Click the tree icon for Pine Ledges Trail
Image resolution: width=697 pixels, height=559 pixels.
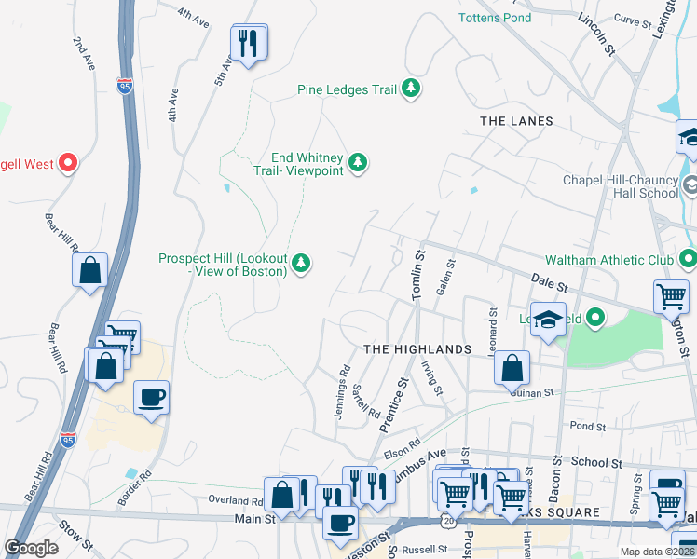[411, 89]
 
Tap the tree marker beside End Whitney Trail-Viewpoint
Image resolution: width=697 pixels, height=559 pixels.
[358, 164]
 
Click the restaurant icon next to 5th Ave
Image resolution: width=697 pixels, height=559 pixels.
[249, 43]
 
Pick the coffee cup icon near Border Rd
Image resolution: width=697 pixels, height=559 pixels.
[151, 399]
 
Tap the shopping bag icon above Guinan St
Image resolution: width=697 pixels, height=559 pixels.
[512, 368]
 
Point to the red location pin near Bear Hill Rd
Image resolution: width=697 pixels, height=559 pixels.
[68, 164]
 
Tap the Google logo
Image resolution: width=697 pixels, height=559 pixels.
[32, 548]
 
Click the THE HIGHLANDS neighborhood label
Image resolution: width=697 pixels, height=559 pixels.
[417, 348]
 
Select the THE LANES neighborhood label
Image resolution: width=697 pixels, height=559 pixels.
[515, 121]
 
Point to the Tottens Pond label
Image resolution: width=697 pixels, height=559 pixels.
[495, 18]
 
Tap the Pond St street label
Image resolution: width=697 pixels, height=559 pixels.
[587, 426]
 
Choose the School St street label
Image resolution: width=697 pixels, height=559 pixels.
[596, 462]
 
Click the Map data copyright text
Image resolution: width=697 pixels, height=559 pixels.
[656, 552]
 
